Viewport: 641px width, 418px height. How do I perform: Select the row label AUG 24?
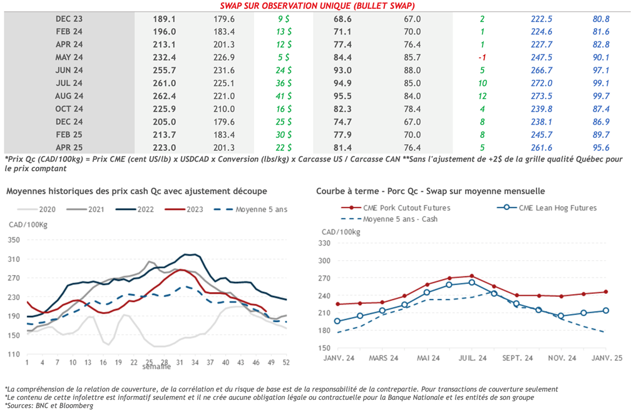[x=69, y=96]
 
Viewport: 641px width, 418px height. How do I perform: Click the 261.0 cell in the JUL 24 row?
[x=164, y=83]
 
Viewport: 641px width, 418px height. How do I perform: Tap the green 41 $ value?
[x=284, y=96]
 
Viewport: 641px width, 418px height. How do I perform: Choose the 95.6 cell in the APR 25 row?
[x=601, y=147]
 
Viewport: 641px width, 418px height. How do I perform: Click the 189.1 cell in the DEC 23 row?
[x=164, y=19]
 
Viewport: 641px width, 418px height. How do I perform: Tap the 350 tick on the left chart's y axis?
[x=13, y=240]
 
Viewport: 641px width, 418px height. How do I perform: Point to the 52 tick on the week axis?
[x=287, y=362]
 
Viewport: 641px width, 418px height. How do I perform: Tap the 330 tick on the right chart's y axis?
[x=324, y=243]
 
